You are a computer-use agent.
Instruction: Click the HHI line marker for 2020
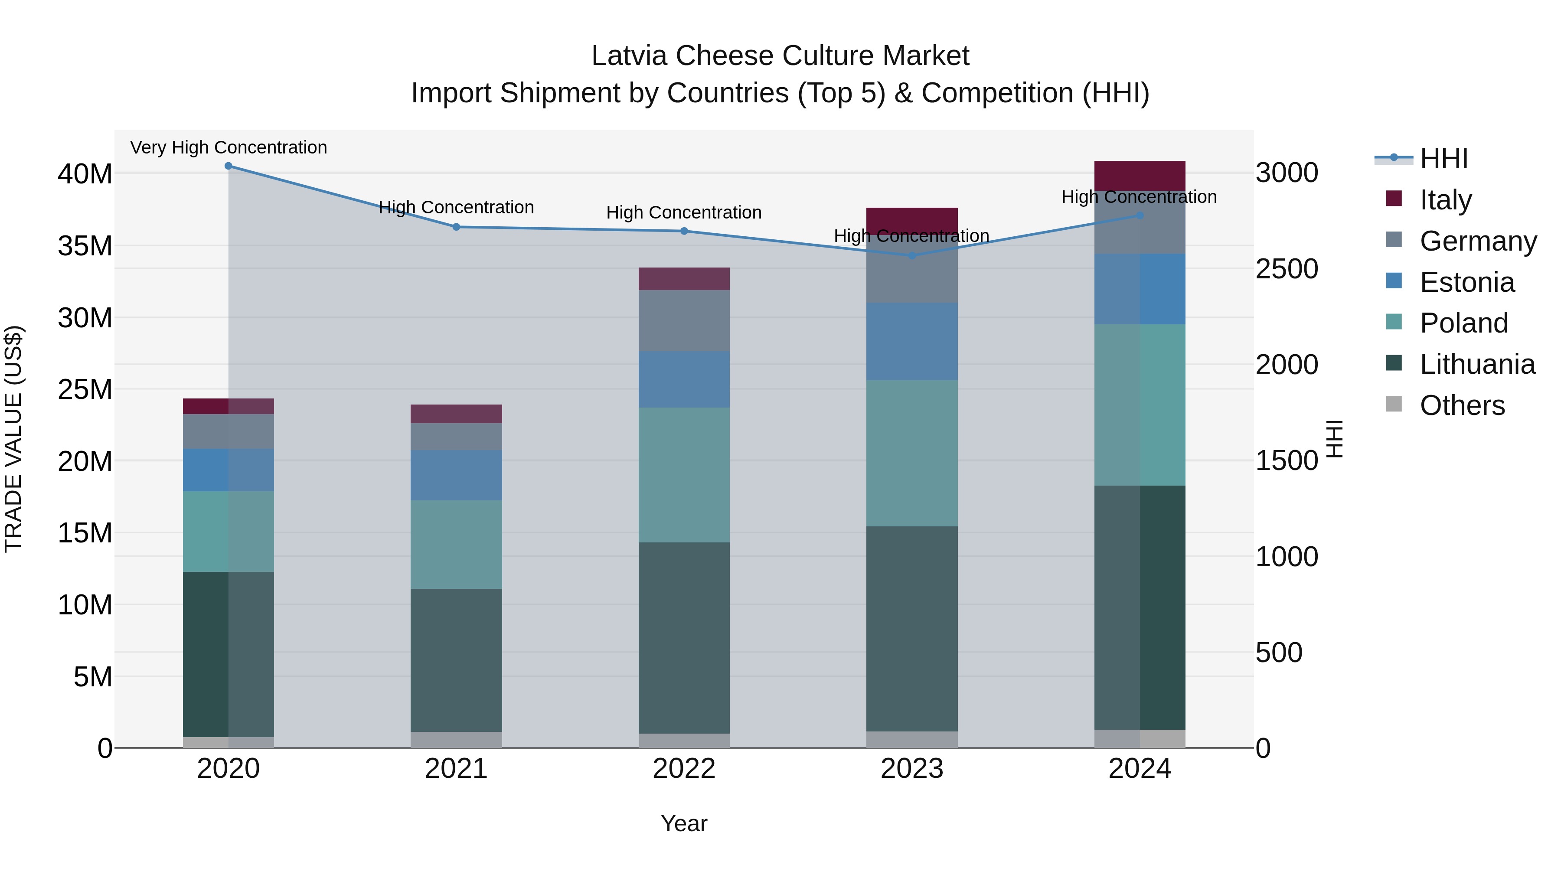[x=229, y=166]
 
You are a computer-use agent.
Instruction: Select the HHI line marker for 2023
[x=912, y=256]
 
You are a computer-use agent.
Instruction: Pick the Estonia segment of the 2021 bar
[x=456, y=475]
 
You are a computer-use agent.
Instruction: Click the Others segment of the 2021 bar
[x=456, y=739]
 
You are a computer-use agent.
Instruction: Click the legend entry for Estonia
[x=1466, y=282]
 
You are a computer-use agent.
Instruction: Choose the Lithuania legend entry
[x=1477, y=364]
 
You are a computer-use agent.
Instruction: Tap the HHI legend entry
[x=1443, y=159]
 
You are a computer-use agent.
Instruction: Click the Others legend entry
[x=1462, y=405]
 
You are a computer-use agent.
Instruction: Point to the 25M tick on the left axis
[x=85, y=389]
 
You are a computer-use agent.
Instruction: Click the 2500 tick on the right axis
[x=1287, y=269]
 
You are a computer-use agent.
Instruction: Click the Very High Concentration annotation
[x=229, y=147]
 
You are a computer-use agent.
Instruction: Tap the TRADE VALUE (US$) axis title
[x=13, y=439]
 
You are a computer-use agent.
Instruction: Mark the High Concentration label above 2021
[x=456, y=207]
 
